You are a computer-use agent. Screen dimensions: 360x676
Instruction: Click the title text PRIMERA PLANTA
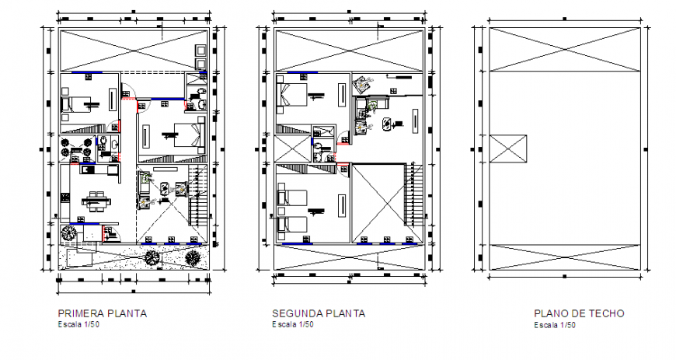(x=103, y=313)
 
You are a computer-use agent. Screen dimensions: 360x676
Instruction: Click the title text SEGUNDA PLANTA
(x=319, y=313)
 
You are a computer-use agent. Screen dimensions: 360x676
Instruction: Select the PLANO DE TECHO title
(x=579, y=313)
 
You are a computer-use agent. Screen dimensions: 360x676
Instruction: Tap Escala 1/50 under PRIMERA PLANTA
(x=78, y=324)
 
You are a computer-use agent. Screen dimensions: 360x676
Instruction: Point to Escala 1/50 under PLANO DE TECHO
(x=554, y=324)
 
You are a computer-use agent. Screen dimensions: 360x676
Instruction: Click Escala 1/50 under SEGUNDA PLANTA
(x=293, y=324)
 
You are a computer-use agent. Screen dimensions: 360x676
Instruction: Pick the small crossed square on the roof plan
(x=508, y=148)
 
